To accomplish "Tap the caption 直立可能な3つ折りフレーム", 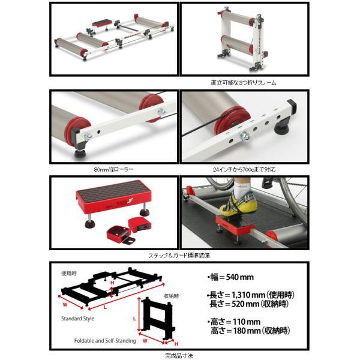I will [244, 82].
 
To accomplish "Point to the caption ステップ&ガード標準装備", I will [180, 254].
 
